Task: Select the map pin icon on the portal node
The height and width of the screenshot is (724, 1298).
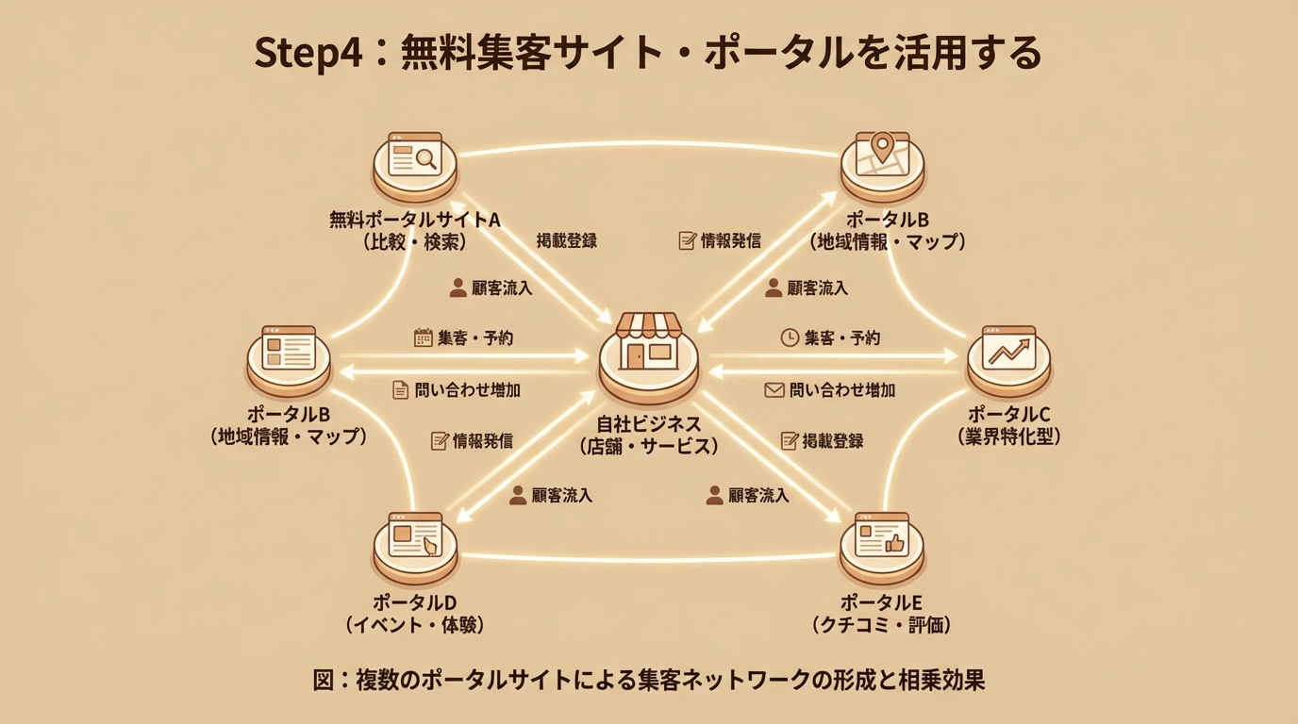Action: pos(882,145)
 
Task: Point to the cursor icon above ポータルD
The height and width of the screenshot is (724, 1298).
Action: pos(430,546)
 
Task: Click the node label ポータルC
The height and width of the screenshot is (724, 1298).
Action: pos(1008,414)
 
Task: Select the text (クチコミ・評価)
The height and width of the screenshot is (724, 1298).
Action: pos(881,625)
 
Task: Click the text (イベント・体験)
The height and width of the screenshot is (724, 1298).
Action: pos(415,625)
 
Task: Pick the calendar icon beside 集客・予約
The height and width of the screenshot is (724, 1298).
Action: pos(423,337)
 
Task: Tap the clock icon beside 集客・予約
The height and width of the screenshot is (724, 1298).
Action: pos(790,337)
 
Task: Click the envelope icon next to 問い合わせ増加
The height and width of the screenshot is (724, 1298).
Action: pos(774,389)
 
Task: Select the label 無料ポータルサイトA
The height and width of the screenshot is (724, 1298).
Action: pos(414,220)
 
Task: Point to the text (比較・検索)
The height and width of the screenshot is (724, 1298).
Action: pos(414,242)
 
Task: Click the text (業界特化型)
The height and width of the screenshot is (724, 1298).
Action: pos(1008,436)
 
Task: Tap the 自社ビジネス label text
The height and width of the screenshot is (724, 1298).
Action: pos(649,422)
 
